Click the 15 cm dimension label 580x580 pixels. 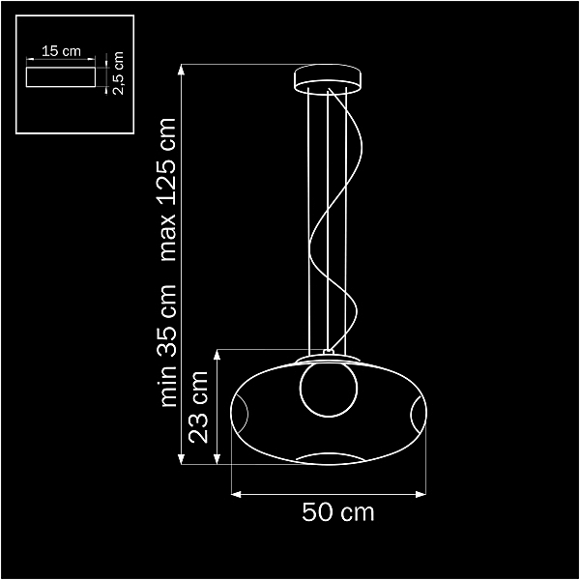(61, 51)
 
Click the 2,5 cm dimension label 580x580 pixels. (118, 72)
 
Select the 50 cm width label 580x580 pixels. (337, 512)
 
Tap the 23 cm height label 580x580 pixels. (198, 407)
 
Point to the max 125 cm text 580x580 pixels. (166, 189)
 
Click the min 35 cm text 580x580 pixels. (166, 346)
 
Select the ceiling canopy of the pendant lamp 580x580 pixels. (328, 79)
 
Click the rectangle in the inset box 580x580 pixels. (61, 77)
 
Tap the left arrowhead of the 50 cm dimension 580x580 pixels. (236, 494)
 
